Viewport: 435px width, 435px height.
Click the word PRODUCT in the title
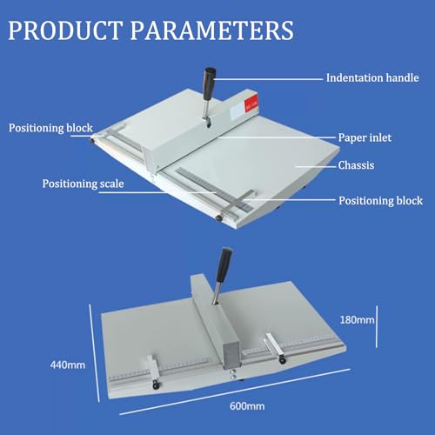point(65,30)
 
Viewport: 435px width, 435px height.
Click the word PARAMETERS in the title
point(212,30)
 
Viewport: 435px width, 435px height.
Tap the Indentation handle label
point(372,77)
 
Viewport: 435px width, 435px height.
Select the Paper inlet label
point(365,137)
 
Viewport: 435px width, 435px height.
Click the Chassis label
point(356,165)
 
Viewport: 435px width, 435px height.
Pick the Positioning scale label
point(84,184)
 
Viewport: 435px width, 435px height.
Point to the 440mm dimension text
point(68,365)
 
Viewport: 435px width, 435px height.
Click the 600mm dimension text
point(247,406)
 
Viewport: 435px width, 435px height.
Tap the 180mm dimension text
point(357,320)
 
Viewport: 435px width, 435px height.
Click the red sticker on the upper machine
point(251,104)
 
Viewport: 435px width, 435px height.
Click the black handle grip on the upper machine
point(210,84)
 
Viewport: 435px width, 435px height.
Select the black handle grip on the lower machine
point(224,264)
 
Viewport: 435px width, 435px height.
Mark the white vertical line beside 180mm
point(377,326)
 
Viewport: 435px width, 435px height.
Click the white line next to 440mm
point(95,353)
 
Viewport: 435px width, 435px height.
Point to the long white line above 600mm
point(235,391)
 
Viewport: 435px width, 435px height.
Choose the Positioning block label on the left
point(50,128)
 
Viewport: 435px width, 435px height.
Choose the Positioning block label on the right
point(381,201)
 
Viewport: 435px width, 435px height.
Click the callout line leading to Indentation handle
point(268,78)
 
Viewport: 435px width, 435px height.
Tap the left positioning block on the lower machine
point(153,371)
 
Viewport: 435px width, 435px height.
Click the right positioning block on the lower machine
point(276,347)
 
